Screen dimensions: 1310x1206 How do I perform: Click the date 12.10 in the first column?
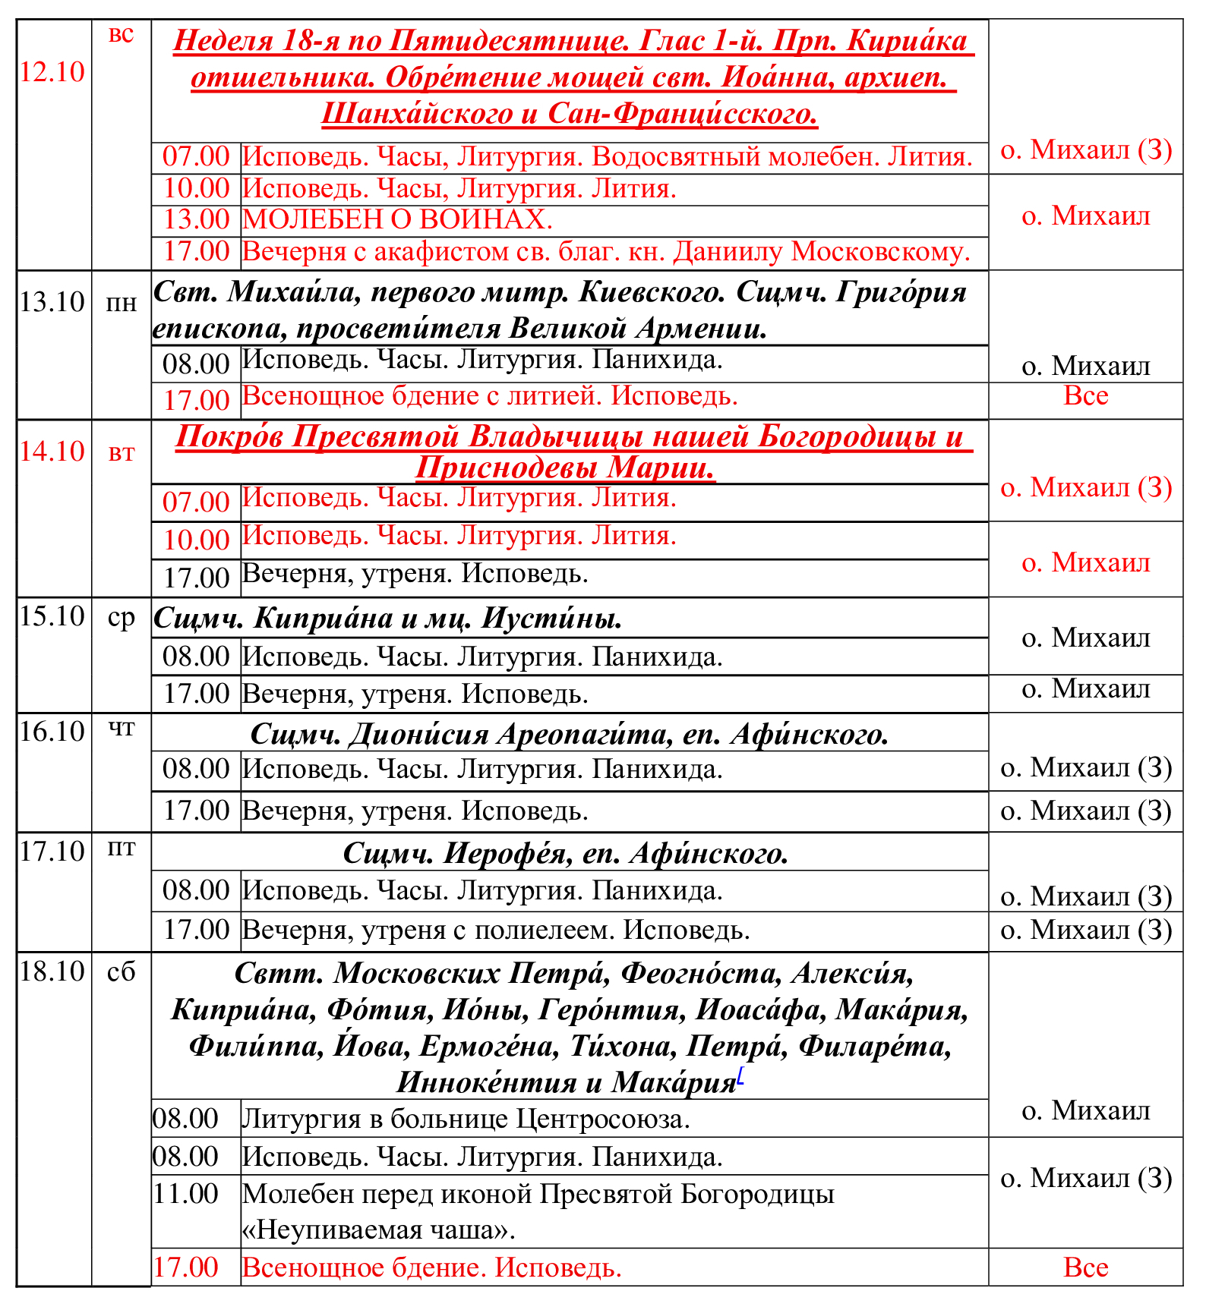(52, 72)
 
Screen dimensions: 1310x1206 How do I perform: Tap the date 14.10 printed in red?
(52, 452)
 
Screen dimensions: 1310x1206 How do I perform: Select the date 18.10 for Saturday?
(52, 971)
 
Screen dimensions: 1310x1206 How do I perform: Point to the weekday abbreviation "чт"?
(122, 729)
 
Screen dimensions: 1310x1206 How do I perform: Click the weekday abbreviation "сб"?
(122, 971)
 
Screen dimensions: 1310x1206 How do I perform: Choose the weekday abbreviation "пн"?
(122, 304)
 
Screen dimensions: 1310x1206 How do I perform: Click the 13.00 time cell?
(196, 219)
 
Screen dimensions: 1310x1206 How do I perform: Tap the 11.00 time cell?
(185, 1194)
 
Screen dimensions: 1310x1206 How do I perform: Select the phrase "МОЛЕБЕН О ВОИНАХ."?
(397, 219)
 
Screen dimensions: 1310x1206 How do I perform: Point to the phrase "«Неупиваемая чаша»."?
(378, 1230)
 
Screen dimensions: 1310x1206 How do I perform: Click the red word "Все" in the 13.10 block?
(1086, 395)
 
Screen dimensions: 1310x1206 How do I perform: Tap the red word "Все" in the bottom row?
(1086, 1267)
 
